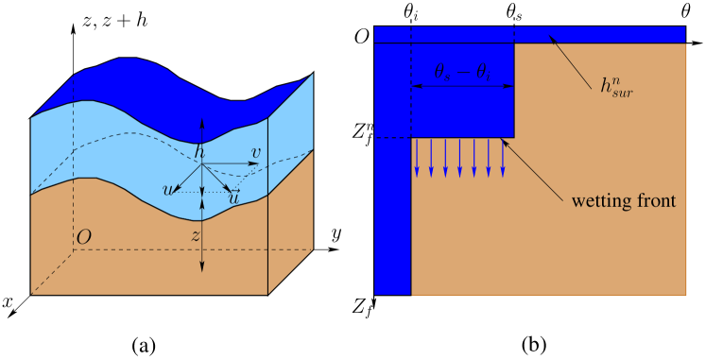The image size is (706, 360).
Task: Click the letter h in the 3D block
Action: (198, 153)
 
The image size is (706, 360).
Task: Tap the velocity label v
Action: (255, 152)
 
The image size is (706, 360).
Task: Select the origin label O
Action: (83, 237)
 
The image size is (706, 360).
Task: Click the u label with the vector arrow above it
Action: (232, 197)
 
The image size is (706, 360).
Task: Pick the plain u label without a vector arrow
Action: (168, 190)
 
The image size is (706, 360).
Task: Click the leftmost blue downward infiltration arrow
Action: (417, 158)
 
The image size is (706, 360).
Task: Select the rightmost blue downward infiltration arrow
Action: (503, 158)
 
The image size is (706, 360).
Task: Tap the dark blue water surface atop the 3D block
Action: (170, 80)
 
